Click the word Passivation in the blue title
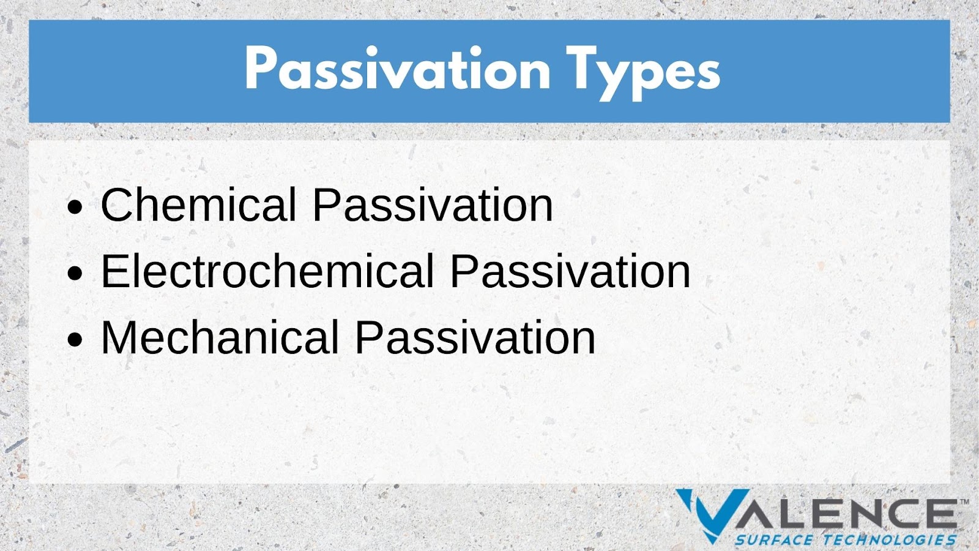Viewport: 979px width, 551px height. (x=397, y=69)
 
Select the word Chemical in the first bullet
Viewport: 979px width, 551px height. (x=199, y=204)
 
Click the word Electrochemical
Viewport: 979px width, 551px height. (x=267, y=271)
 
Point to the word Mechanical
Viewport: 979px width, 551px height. (x=220, y=337)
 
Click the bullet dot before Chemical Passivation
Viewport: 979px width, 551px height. (x=75, y=208)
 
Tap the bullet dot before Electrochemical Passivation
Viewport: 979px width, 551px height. (x=75, y=273)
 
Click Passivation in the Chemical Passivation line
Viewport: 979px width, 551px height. (x=433, y=204)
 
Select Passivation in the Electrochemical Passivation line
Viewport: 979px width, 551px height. (x=570, y=271)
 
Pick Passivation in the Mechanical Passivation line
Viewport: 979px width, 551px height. (x=475, y=337)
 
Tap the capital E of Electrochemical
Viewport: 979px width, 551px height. (x=114, y=271)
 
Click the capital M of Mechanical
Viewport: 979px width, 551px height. (x=119, y=337)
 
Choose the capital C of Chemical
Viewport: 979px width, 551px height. (x=116, y=204)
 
